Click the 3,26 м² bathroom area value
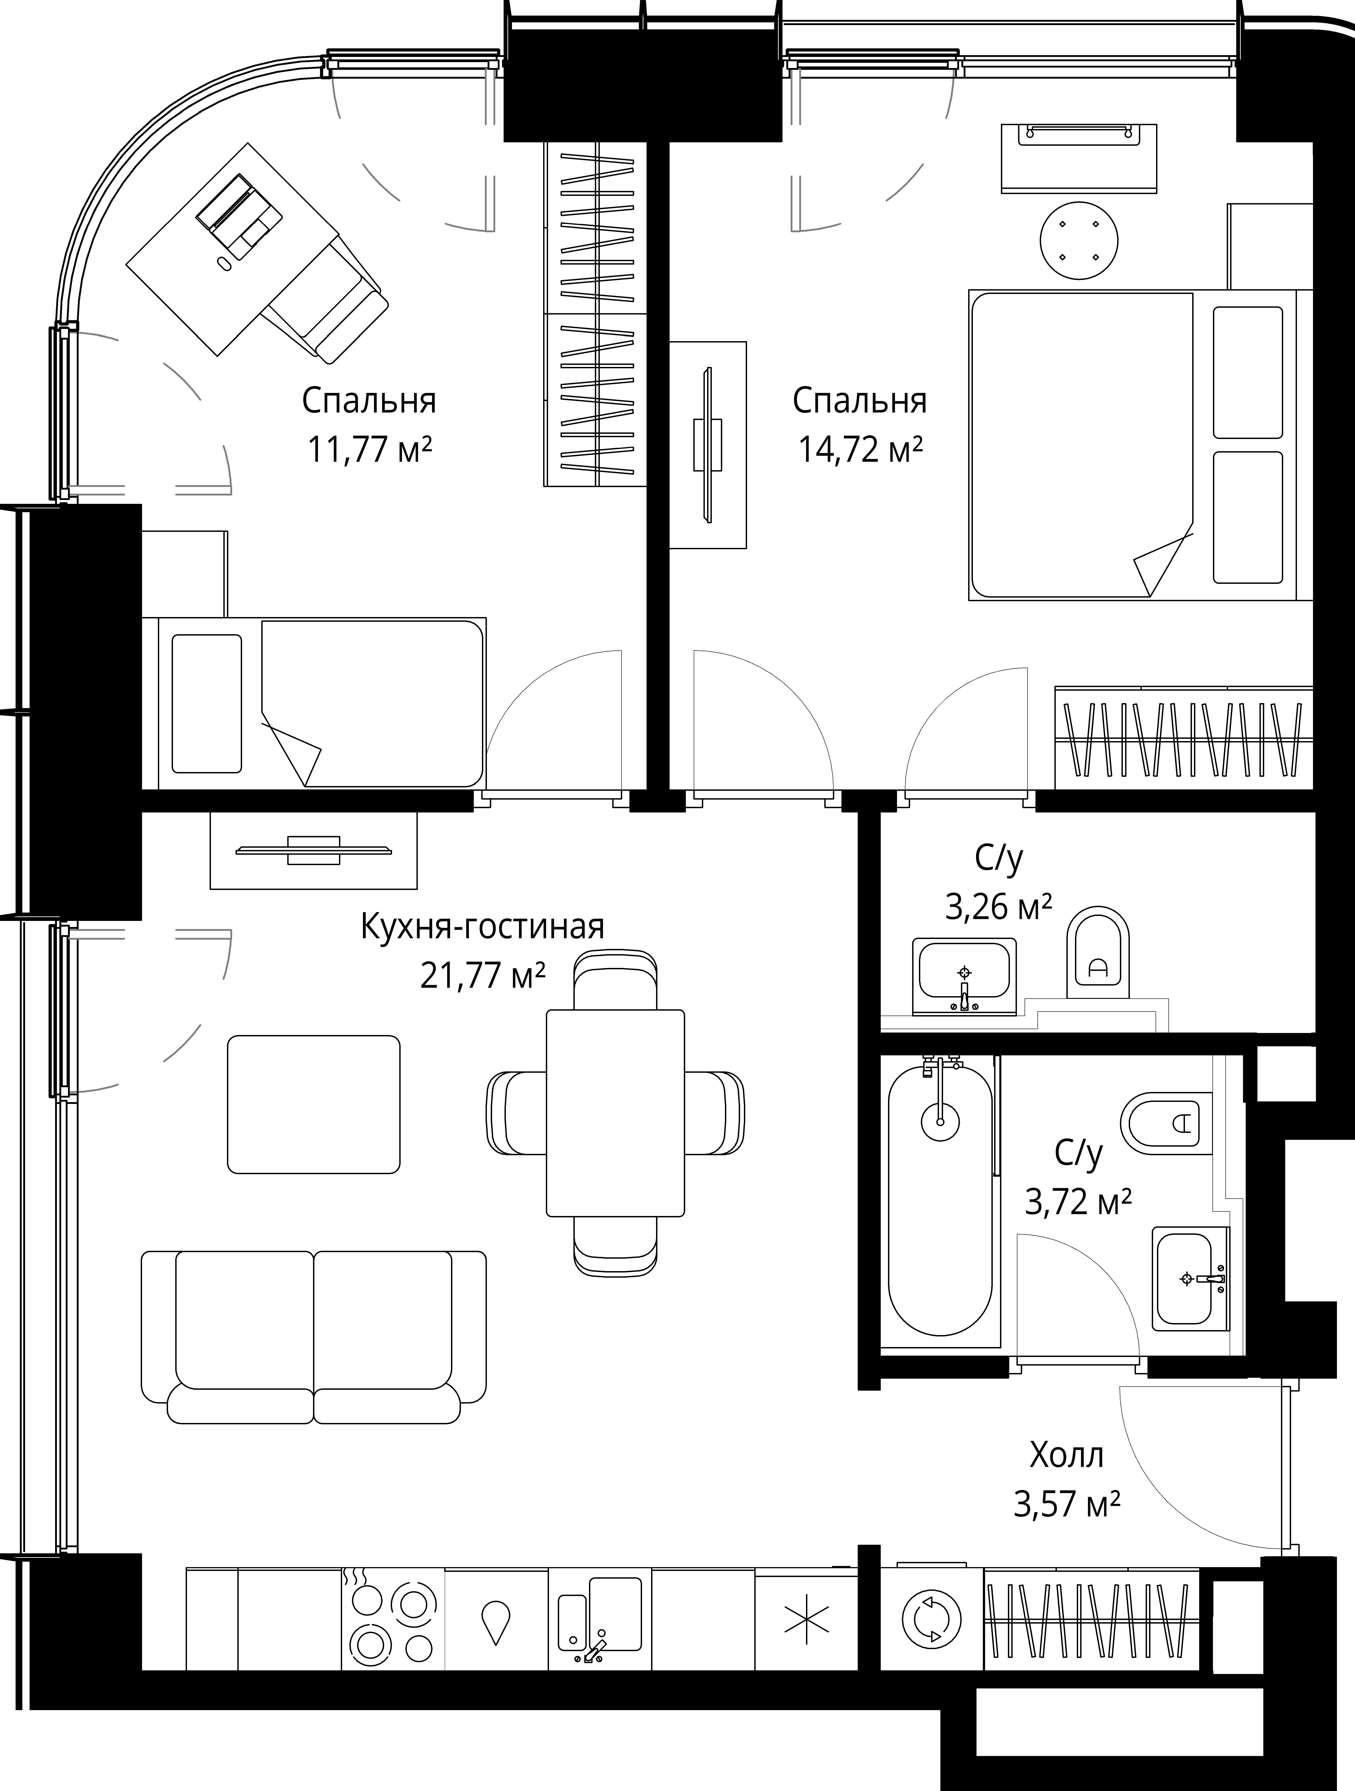coord(999,908)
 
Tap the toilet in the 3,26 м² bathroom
coord(1098,952)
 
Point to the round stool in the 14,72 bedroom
coord(1079,240)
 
